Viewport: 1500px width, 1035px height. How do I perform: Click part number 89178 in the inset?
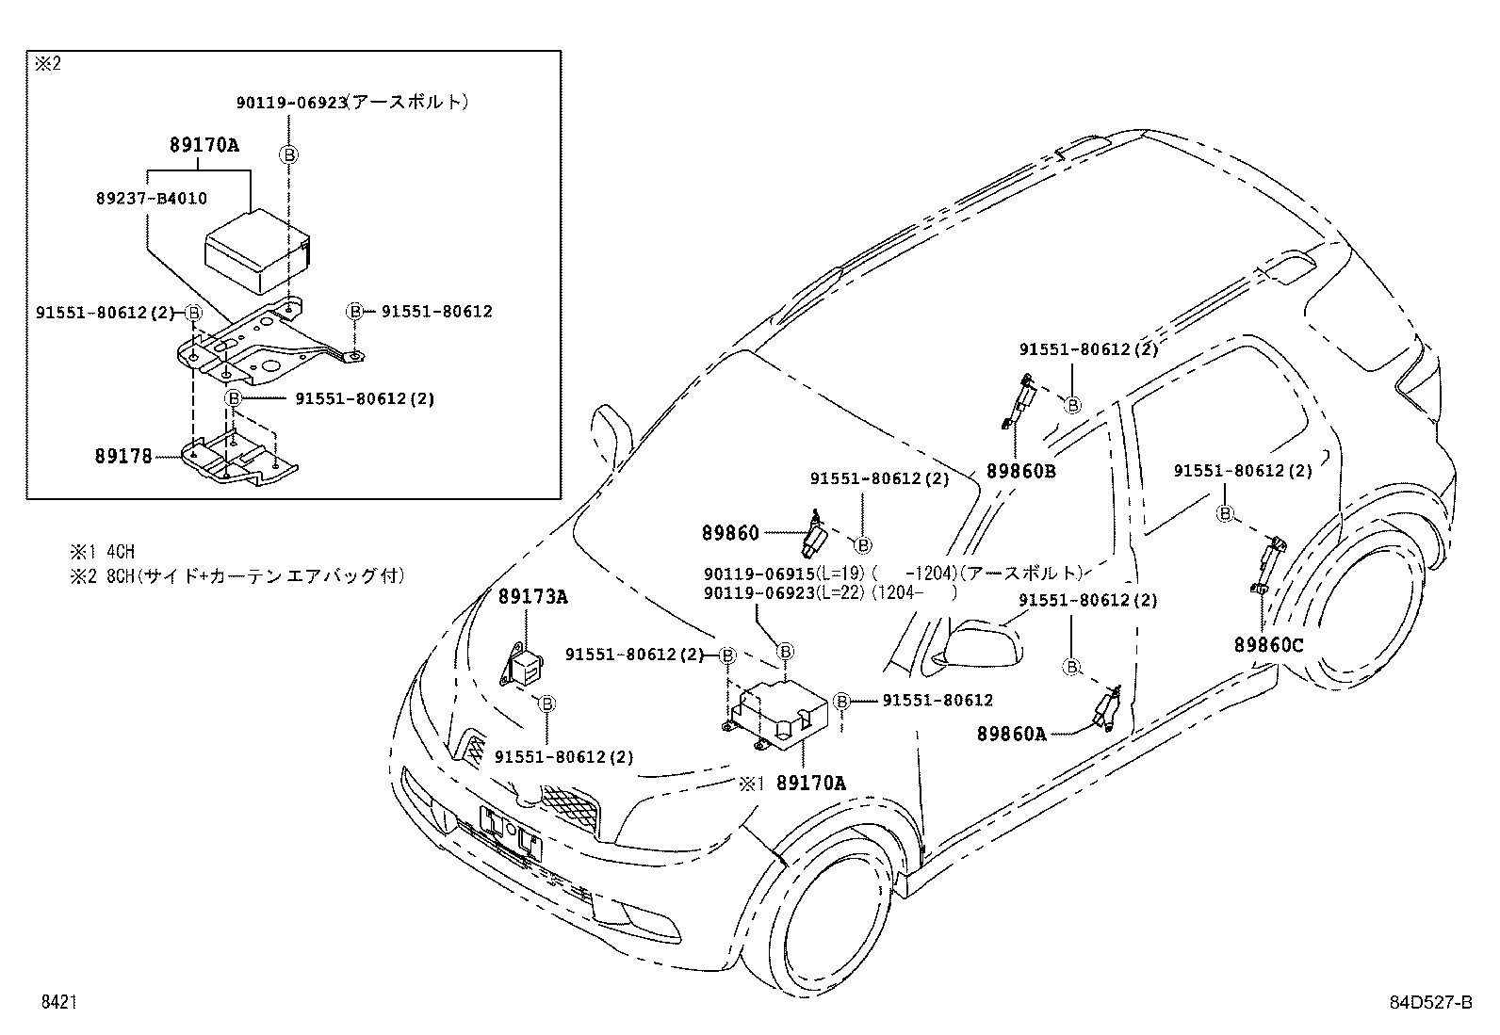122,457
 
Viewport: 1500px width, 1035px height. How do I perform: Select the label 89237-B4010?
151,199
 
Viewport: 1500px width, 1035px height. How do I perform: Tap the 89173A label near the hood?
533,596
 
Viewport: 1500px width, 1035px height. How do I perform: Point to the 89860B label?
1021,471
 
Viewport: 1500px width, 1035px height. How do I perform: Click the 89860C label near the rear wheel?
1269,645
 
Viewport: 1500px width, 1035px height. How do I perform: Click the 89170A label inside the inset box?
204,145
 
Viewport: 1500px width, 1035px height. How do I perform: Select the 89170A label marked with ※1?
811,783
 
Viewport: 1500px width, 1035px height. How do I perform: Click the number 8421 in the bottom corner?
57,1003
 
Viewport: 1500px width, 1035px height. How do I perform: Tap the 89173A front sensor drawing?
524,663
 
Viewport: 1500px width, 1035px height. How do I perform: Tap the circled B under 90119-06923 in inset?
290,154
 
